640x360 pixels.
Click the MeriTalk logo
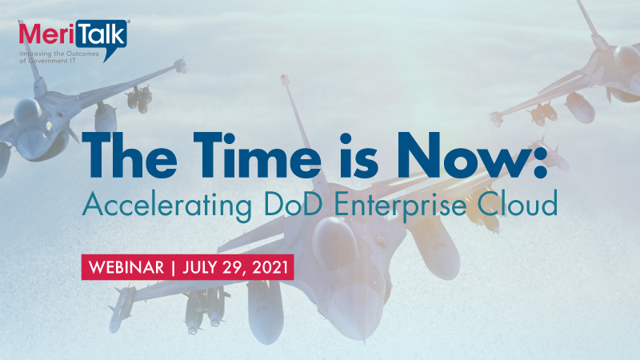tap(73, 33)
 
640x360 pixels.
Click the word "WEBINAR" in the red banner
tap(123, 266)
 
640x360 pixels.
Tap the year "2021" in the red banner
tap(266, 266)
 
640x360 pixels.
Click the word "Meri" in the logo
tap(46, 34)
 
